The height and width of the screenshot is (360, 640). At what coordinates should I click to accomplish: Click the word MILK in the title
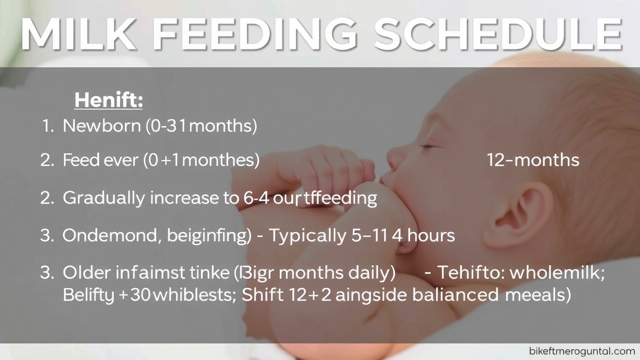point(78,34)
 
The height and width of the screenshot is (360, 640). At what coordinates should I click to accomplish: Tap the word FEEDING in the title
point(254,34)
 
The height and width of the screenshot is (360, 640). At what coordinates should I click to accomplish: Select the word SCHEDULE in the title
point(497,34)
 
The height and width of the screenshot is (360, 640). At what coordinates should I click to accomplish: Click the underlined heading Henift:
point(108,100)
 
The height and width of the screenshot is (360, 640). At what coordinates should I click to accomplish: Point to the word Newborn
point(102,125)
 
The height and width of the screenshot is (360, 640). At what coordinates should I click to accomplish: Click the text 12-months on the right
point(533,160)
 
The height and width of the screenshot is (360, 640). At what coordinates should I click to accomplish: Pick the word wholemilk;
point(557,272)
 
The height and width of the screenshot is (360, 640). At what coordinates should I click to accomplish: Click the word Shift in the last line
point(263,294)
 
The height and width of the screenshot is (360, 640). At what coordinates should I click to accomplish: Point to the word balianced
point(455,294)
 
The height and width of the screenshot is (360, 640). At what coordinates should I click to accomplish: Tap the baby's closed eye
point(428,147)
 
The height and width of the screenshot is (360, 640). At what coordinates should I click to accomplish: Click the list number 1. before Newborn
point(47,126)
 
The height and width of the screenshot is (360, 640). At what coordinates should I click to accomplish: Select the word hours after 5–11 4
point(431,236)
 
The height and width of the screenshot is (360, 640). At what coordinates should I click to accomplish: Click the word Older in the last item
point(86,272)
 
